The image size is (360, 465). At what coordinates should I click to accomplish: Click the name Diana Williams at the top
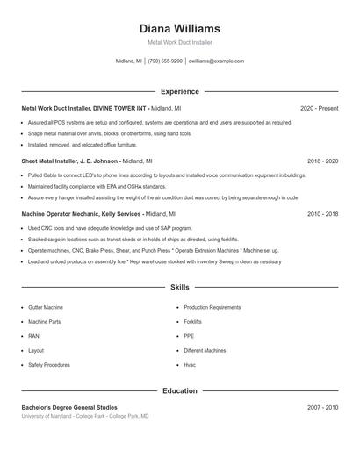179,29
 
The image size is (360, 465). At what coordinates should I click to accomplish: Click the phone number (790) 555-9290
165,61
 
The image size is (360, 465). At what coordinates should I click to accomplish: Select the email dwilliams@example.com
216,61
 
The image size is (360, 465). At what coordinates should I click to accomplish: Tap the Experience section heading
179,91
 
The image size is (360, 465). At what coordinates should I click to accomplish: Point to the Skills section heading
179,287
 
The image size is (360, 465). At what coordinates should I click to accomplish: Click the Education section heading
179,390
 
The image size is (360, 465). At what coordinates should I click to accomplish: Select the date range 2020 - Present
319,108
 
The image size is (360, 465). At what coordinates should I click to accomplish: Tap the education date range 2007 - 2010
323,408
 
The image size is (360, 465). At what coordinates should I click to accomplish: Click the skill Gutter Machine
46,308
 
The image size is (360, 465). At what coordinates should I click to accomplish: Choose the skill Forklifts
192,322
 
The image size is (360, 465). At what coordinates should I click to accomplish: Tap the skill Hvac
189,364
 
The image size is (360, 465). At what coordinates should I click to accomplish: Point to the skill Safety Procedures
48,364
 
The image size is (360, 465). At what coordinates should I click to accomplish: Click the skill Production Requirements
212,308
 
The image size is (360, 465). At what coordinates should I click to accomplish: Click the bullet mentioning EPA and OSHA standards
97,186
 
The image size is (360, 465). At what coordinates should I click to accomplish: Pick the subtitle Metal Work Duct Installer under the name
179,42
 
